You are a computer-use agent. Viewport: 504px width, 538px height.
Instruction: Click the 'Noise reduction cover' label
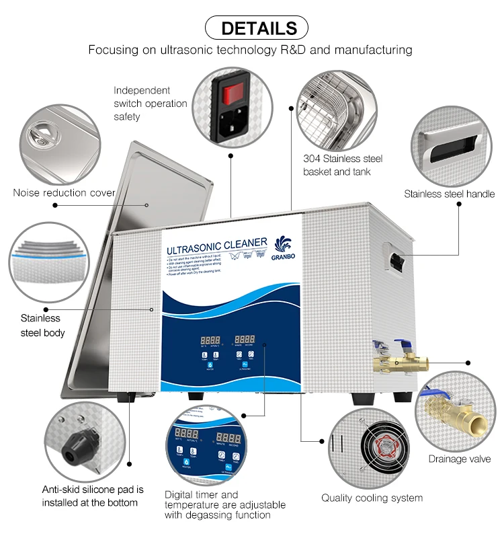[x=64, y=193]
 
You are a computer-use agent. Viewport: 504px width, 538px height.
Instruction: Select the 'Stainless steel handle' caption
[x=449, y=194]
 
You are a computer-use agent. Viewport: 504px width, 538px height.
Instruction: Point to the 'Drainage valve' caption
[x=459, y=459]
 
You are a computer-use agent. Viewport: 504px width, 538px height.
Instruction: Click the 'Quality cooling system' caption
[x=372, y=498]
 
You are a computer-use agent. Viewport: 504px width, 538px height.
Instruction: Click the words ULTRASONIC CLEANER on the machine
[x=217, y=246]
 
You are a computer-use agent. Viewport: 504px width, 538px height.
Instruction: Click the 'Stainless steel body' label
[x=42, y=325]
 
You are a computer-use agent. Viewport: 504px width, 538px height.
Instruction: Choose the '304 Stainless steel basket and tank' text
[x=343, y=165]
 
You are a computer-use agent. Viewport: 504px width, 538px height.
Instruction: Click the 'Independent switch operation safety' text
[x=150, y=104]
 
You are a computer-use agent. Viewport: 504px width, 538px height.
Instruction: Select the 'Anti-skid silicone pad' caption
[x=93, y=496]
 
